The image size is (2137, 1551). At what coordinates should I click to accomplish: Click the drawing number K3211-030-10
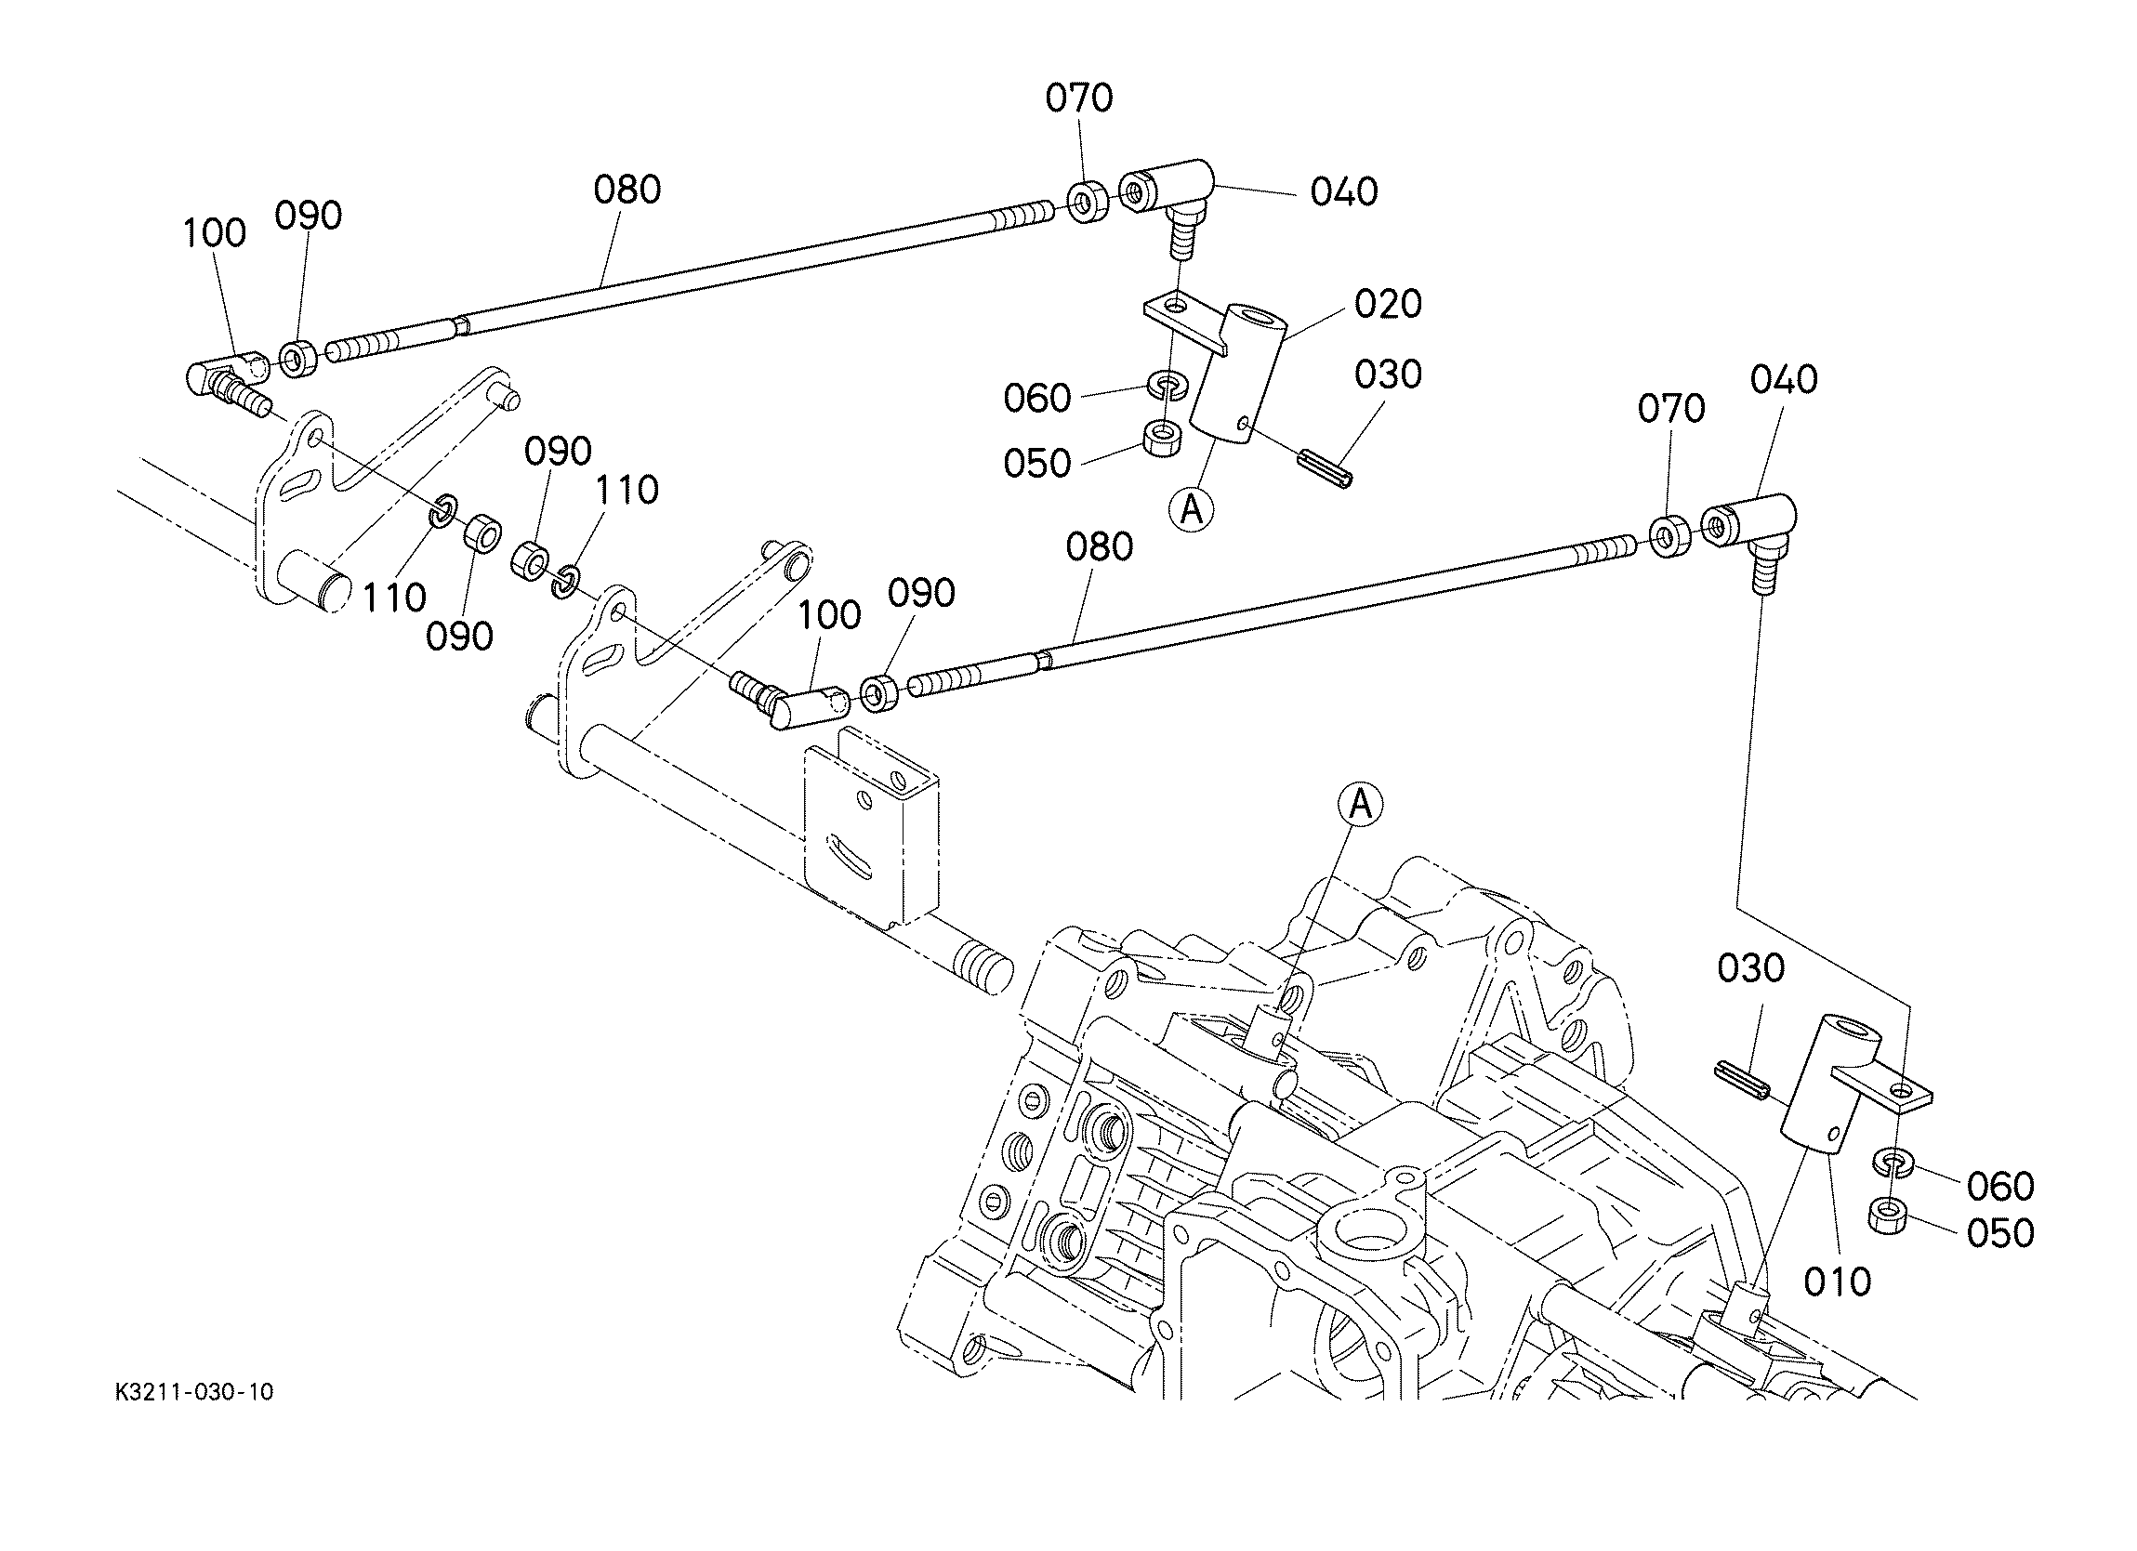point(194,1393)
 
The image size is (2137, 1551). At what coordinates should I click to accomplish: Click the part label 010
point(1837,1282)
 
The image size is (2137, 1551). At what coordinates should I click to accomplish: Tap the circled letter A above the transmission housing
point(1360,805)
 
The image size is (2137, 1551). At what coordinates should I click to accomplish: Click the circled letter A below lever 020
point(1191,510)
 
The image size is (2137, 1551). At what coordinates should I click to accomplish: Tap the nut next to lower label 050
point(1888,1215)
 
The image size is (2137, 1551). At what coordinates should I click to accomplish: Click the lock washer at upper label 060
point(1167,385)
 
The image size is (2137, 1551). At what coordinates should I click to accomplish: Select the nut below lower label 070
point(1669,536)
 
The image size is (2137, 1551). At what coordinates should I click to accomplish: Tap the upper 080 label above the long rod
point(627,190)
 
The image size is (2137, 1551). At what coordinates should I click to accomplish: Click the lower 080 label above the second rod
point(1099,546)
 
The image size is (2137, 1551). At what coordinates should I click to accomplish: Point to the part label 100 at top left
point(214,232)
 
